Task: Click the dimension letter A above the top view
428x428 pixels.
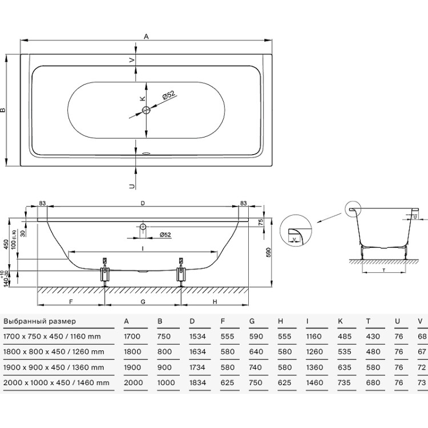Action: click(x=146, y=37)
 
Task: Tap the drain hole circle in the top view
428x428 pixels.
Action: click(x=146, y=110)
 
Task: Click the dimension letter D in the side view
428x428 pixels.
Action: click(x=143, y=203)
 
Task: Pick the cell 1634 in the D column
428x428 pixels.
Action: click(x=197, y=352)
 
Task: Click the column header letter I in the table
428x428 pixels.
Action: click(x=308, y=322)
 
